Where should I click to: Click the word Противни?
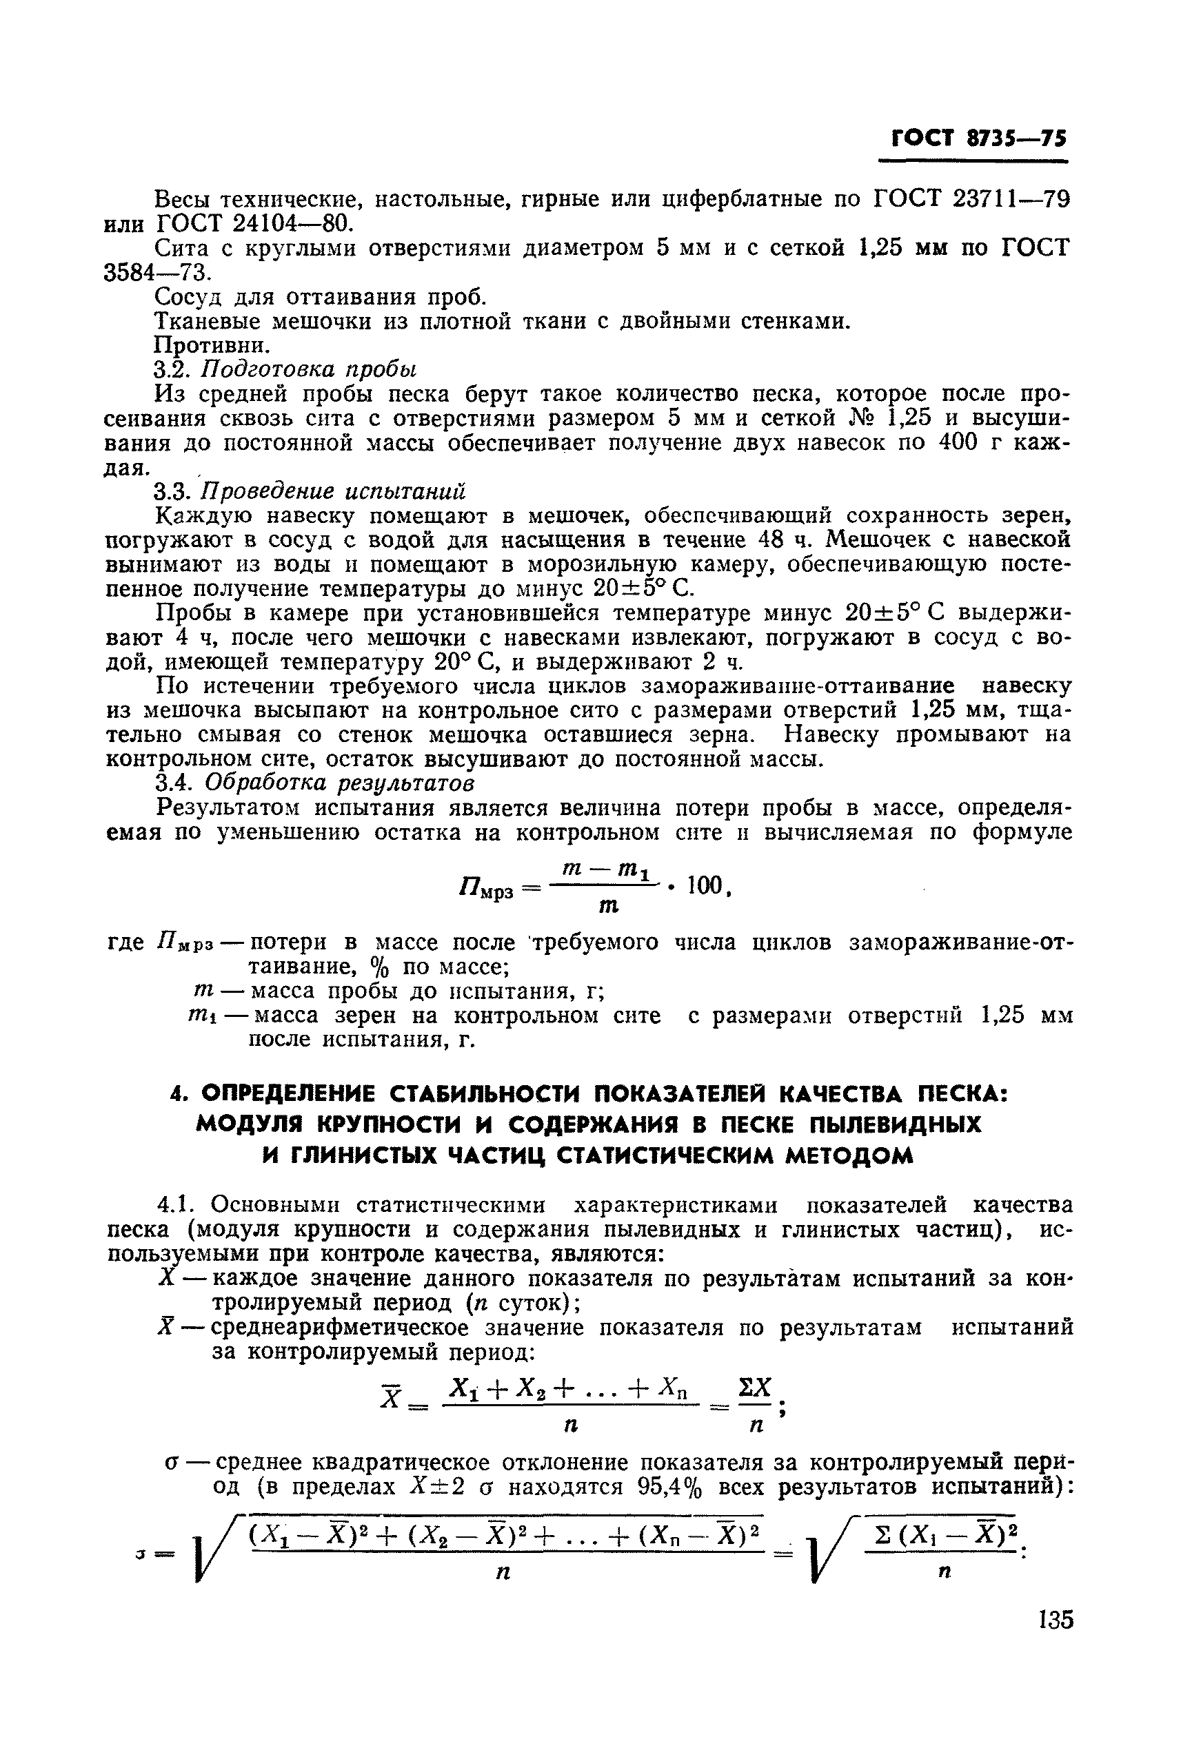(212, 345)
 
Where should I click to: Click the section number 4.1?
(176, 1206)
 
